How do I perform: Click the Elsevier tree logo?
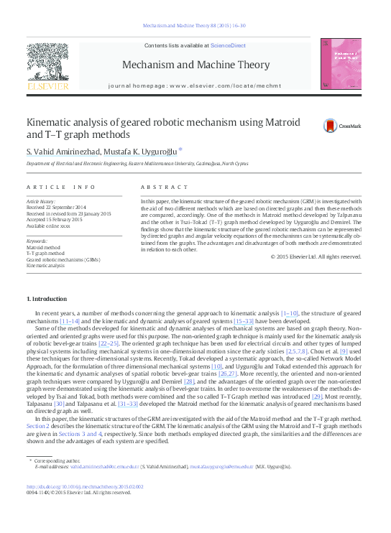click(x=47, y=66)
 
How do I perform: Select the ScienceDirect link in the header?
click(x=227, y=45)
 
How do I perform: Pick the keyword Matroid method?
click(x=44, y=247)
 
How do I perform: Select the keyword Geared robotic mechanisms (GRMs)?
click(x=63, y=259)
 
